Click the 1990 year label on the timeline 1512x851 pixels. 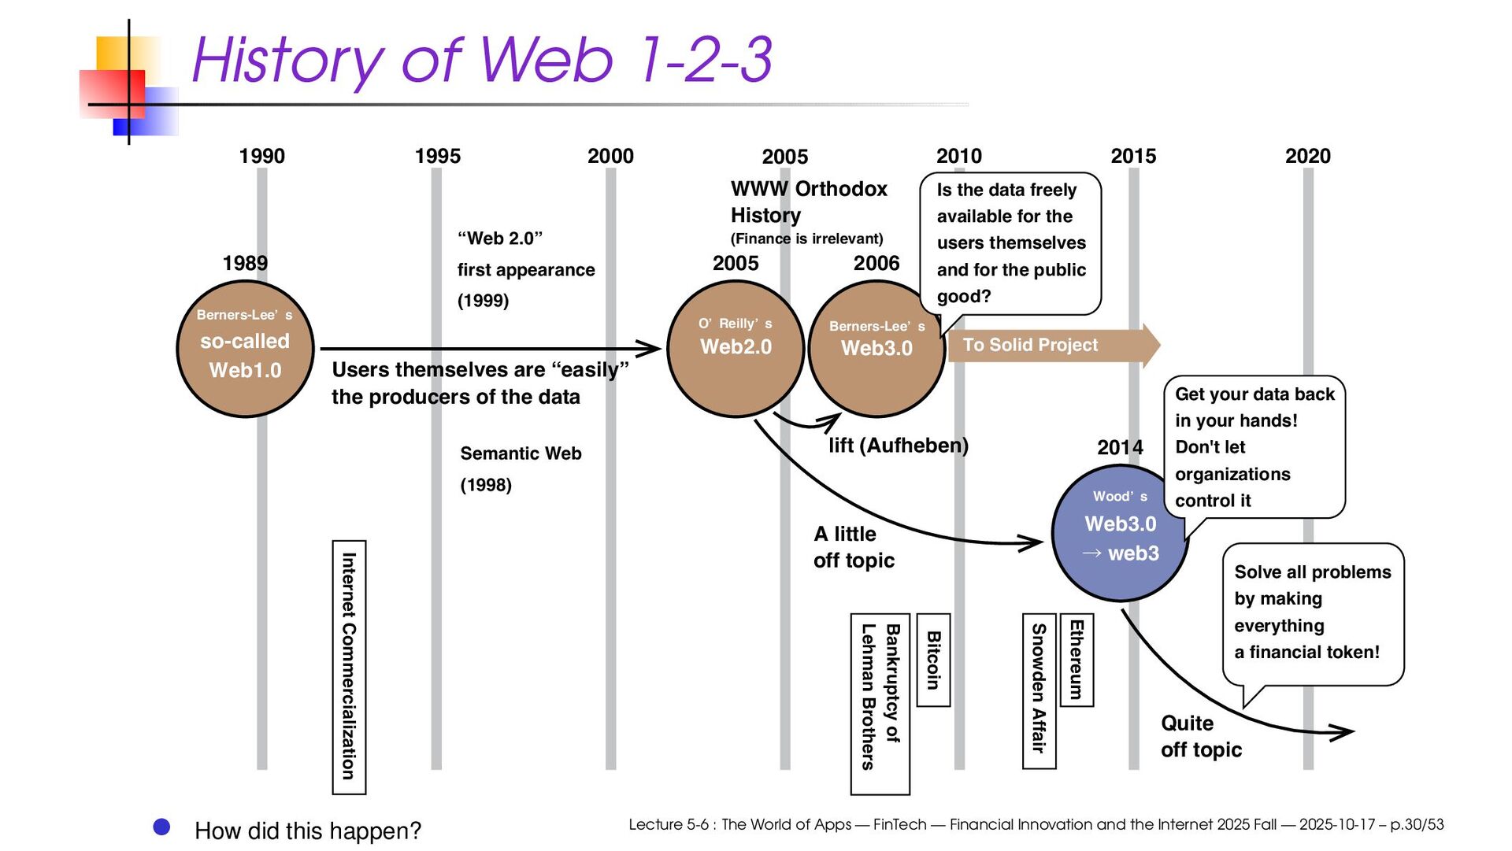[x=261, y=156]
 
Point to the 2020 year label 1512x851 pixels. [x=1307, y=156]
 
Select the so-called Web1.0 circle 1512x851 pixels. [x=245, y=349]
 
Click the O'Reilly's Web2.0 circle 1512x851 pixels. [x=736, y=349]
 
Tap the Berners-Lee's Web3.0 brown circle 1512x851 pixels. [x=876, y=349]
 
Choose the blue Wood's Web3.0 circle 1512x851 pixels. [x=1119, y=533]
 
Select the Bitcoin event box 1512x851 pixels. [x=933, y=660]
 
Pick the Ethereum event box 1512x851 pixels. [x=1077, y=660]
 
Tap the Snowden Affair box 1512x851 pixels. [x=1039, y=690]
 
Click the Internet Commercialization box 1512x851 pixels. [x=349, y=666]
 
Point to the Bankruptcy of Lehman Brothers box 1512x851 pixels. [x=880, y=703]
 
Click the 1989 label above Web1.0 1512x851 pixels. [x=245, y=263]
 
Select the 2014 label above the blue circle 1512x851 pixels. [x=1120, y=448]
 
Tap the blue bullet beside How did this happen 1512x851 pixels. [x=161, y=827]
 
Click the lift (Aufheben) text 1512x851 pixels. [x=898, y=446]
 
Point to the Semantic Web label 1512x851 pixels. [x=521, y=453]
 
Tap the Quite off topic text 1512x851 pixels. [x=1200, y=736]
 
